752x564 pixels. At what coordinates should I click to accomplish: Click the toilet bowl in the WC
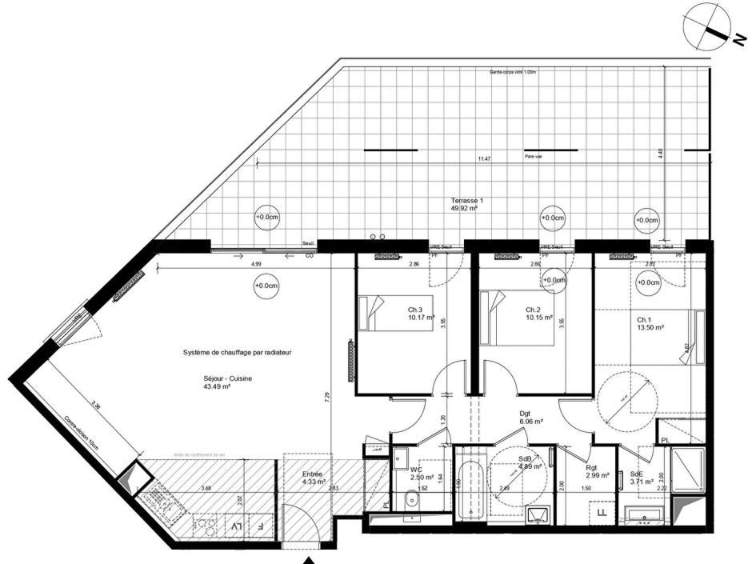413,502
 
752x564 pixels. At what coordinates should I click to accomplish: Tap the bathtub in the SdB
470,488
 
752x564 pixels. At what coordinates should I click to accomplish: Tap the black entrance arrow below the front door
313,561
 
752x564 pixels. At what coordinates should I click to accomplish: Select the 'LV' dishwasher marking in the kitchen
237,527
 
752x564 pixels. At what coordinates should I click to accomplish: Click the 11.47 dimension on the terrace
484,159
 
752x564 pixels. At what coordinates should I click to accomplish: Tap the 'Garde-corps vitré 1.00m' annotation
512,72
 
